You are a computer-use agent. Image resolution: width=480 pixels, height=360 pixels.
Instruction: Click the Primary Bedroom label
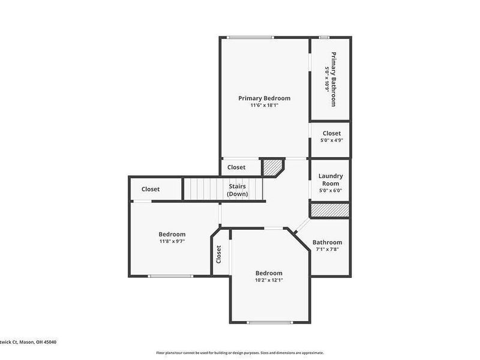pos(264,98)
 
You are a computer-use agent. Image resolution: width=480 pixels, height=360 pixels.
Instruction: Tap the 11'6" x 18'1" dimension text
pos(264,106)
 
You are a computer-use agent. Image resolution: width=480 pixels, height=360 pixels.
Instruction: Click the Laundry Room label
pos(331,180)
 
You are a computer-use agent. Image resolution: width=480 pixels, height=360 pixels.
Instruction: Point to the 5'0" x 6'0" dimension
pos(331,191)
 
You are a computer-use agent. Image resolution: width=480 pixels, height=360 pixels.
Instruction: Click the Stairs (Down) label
pos(237,190)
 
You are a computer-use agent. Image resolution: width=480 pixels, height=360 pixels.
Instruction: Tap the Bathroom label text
pos(327,242)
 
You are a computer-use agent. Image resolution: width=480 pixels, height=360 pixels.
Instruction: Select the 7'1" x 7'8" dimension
pos(327,250)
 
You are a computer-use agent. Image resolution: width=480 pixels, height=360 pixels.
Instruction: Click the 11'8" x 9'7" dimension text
pos(172,241)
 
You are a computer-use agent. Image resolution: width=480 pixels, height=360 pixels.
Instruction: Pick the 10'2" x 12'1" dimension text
pos(268,280)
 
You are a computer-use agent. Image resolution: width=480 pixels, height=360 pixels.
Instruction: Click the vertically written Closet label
pos(219,254)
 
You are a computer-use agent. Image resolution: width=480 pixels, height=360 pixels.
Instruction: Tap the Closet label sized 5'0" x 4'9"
pos(332,133)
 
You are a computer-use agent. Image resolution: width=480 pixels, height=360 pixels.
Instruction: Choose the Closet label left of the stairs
pos(151,189)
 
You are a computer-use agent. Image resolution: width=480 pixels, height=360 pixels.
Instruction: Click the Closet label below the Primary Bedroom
pos(236,167)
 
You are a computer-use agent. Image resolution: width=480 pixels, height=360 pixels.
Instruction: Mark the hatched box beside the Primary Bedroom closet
pos(274,166)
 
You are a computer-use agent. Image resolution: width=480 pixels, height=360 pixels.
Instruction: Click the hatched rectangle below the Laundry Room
pos(329,210)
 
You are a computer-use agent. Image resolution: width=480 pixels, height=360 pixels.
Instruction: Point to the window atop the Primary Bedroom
pos(250,38)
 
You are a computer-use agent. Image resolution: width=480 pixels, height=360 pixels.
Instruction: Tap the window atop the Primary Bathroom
pos(324,38)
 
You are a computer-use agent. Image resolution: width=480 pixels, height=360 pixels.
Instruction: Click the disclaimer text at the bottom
pos(240,353)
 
